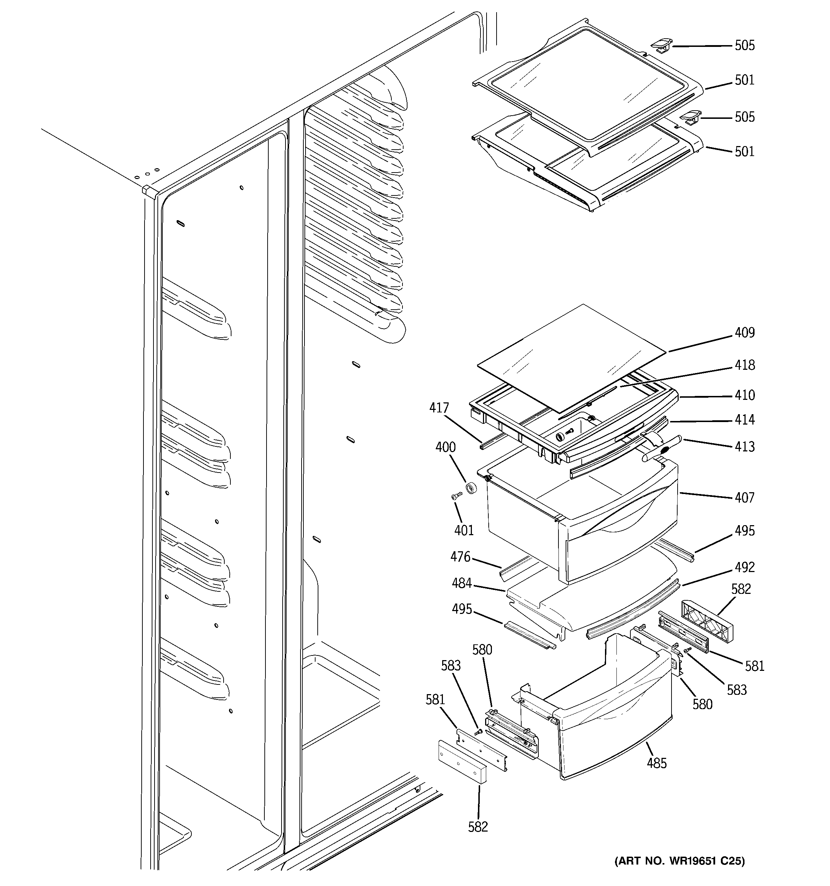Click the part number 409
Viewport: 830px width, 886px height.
(x=744, y=333)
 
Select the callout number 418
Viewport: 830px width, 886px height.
(x=744, y=365)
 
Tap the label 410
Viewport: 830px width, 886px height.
(x=744, y=395)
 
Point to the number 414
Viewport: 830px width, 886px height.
(x=744, y=420)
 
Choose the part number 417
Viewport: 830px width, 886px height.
(x=439, y=408)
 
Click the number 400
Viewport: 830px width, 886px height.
(x=445, y=447)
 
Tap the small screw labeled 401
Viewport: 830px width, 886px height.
(x=455, y=495)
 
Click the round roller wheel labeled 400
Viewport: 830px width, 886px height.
(x=471, y=488)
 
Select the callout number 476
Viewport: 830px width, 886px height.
(x=460, y=557)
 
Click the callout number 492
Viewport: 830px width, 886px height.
(x=744, y=567)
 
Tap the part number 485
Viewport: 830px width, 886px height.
(x=657, y=764)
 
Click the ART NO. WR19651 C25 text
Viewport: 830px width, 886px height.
(x=679, y=873)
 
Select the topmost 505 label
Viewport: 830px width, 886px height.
(x=744, y=45)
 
